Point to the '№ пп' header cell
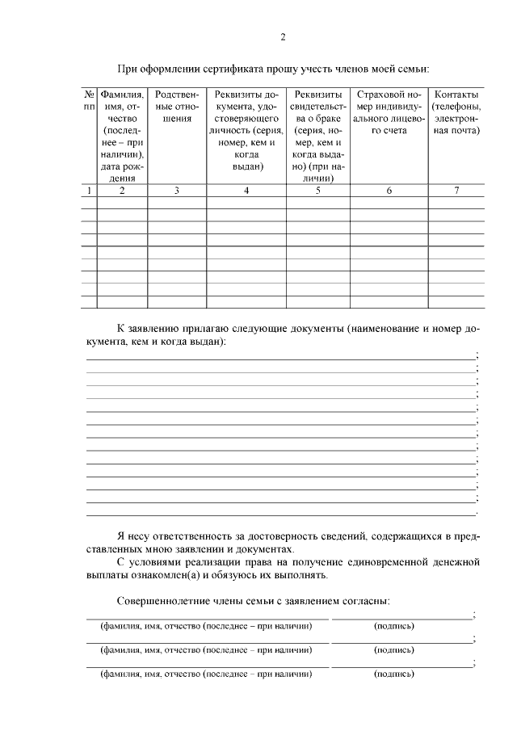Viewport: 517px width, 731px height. pyautogui.click(x=89, y=101)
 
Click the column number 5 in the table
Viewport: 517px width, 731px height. pyautogui.click(x=317, y=191)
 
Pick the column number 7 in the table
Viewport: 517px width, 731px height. pyautogui.click(x=456, y=191)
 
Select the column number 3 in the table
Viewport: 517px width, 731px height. pyautogui.click(x=176, y=191)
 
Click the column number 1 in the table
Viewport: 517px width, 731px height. pyautogui.click(x=89, y=191)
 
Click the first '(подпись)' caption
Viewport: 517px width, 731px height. pyautogui.click(x=393, y=626)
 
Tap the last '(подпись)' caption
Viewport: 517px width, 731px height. pyautogui.click(x=393, y=673)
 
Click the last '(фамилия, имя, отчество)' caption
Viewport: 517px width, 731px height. pyautogui.click(x=205, y=673)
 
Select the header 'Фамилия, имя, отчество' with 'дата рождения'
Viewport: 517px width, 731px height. pyautogui.click(x=122, y=136)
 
